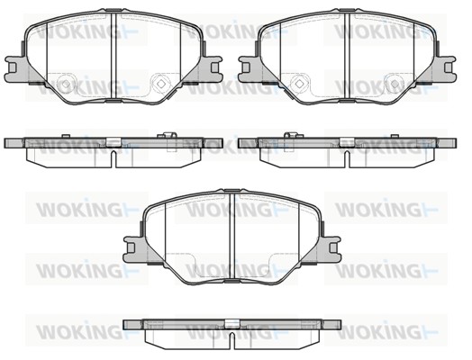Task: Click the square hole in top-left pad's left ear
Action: pos(12,67)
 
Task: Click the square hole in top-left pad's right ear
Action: pos(215,67)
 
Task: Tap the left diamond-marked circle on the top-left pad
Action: pos(66,83)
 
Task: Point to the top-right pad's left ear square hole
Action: pos(246,67)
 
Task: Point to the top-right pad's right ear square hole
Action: pos(449,67)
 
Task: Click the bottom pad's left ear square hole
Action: pos(131,247)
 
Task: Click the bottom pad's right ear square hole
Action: pos(333,247)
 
